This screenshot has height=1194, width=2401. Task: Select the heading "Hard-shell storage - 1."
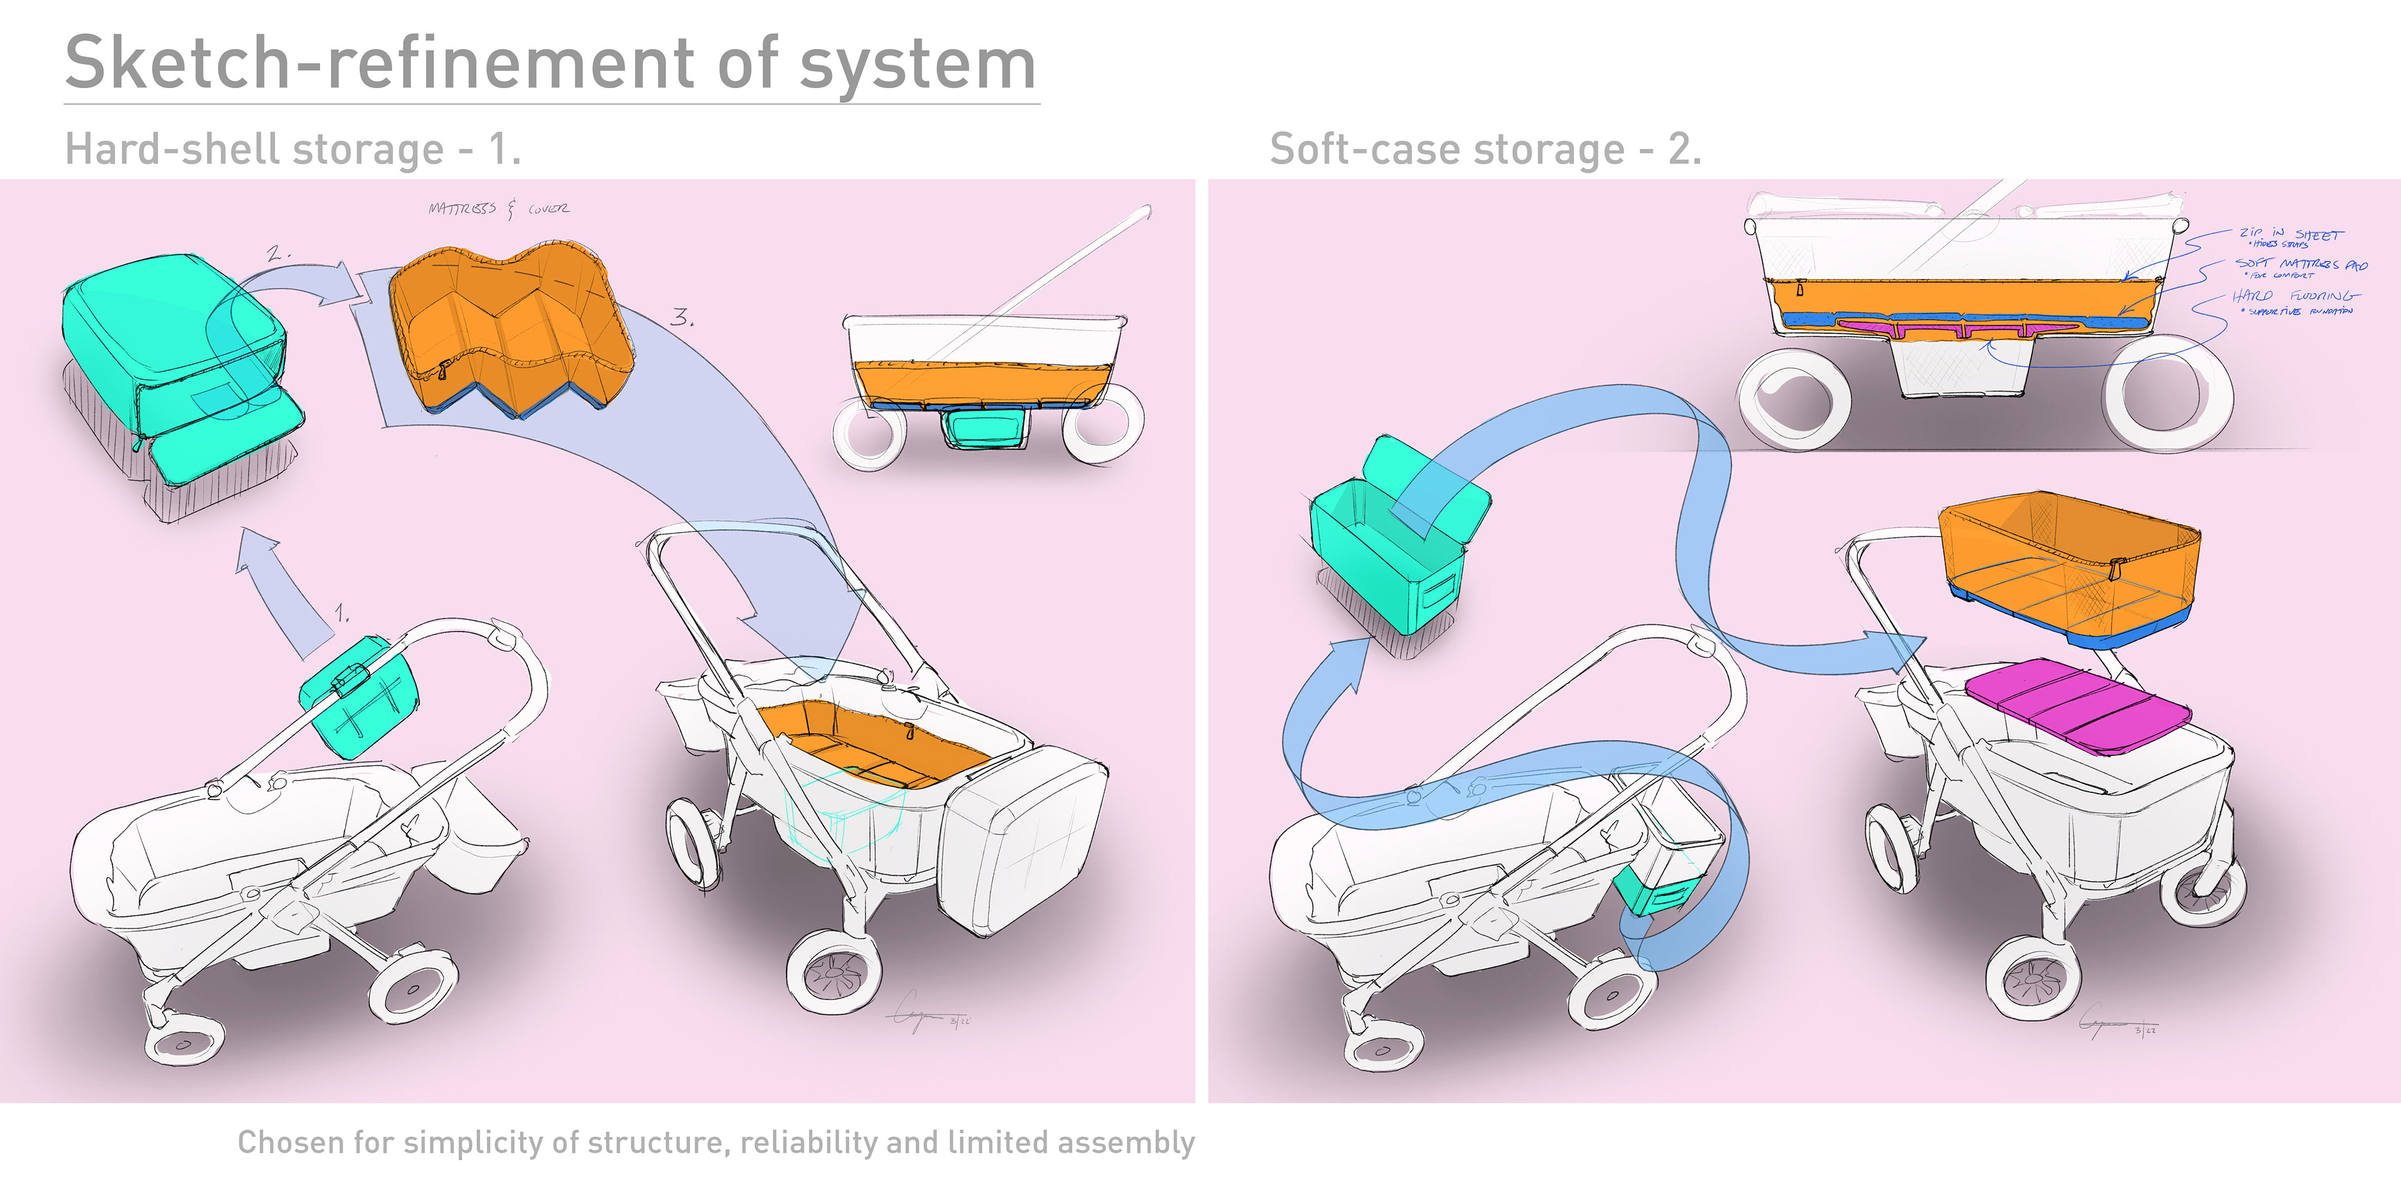click(293, 149)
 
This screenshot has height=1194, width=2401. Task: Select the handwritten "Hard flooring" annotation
click(2295, 296)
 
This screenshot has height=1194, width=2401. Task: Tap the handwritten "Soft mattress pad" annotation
click(2300, 265)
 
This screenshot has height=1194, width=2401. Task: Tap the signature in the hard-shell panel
click(927, 1014)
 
